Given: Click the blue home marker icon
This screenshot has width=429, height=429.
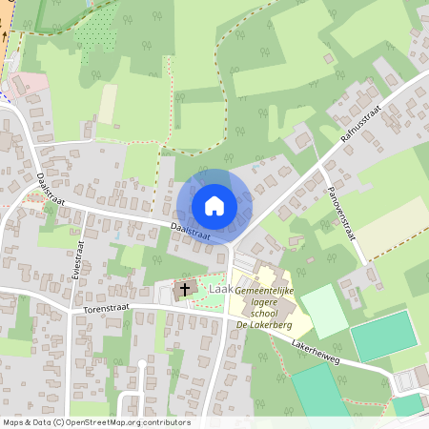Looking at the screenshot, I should pos(214,206).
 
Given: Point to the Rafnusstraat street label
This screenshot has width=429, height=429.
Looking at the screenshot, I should pos(362,121).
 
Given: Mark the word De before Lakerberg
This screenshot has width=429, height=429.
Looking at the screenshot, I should pos(239,325).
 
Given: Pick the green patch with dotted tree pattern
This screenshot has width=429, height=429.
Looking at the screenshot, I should pos(94,33).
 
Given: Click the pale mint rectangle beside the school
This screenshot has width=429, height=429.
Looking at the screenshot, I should pos(323,311).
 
